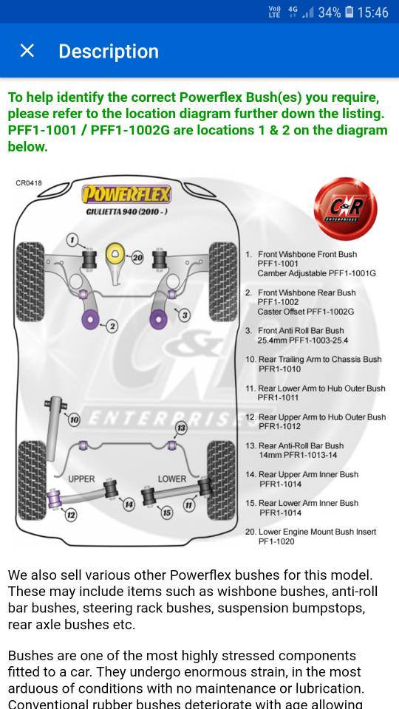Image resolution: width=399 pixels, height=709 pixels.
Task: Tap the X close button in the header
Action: [x=27, y=51]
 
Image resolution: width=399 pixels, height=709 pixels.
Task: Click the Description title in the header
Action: [x=109, y=52]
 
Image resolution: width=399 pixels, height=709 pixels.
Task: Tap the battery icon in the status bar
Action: [x=349, y=13]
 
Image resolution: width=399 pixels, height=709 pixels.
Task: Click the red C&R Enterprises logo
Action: [x=345, y=208]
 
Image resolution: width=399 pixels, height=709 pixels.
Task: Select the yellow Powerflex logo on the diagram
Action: [x=126, y=194]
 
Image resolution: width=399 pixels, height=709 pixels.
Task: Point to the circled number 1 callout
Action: [x=73, y=239]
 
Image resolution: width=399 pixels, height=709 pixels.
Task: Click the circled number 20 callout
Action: [x=137, y=258]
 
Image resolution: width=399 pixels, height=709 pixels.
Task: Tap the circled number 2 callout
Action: [x=112, y=326]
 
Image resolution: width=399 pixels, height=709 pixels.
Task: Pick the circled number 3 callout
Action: [x=184, y=315]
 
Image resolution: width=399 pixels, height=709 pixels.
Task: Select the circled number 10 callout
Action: [x=74, y=420]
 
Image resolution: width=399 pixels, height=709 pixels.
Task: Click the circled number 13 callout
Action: [x=181, y=428]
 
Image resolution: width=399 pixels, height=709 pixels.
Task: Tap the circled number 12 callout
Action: [x=71, y=514]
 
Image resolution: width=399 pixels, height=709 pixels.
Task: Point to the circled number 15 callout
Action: [x=167, y=513]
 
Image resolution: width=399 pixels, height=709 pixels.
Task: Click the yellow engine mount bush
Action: [x=115, y=254]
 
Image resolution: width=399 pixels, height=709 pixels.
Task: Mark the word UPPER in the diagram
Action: [x=81, y=479]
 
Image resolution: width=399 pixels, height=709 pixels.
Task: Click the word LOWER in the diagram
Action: [x=172, y=479]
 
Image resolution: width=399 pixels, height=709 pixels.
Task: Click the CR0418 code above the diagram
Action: [x=29, y=183]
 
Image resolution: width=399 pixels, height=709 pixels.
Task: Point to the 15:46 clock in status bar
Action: [x=372, y=13]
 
